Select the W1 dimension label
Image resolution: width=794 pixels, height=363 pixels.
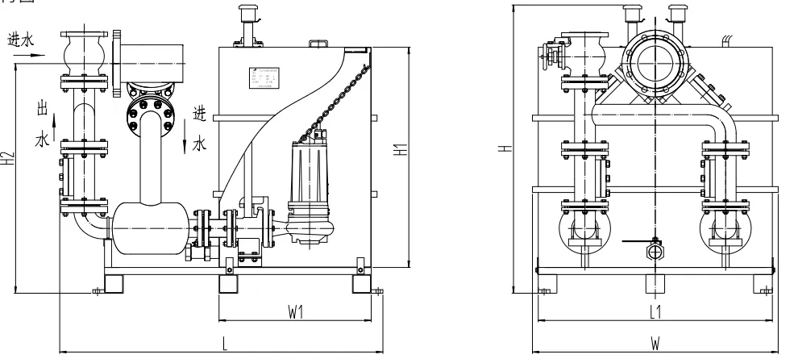click(295, 311)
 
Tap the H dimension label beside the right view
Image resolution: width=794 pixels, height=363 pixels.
click(502, 148)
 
